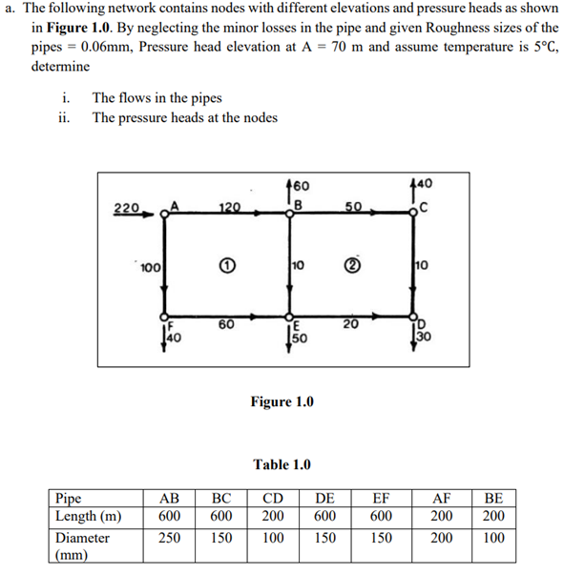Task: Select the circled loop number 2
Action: coord(351,264)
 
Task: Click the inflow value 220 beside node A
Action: coord(126,208)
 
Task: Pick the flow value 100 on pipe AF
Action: coord(149,265)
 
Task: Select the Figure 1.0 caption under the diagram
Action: coord(282,401)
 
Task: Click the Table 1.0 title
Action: coord(282,464)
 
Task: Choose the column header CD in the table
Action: coord(273,498)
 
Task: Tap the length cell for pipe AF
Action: coord(435,516)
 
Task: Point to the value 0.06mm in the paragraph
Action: coord(110,48)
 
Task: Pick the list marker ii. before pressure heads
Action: coord(66,118)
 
